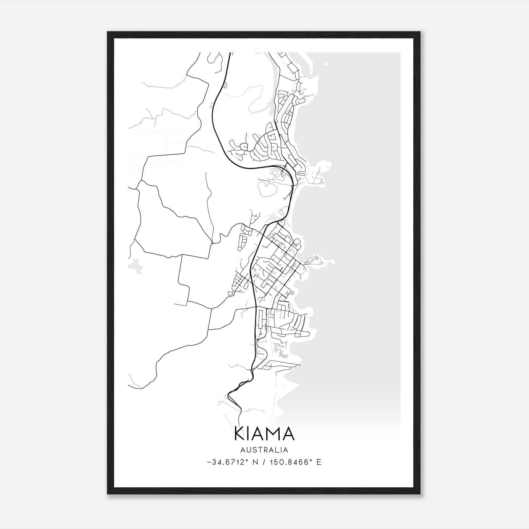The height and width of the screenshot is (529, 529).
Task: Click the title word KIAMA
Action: tap(264, 433)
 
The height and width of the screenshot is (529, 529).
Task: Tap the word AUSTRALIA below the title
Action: tap(264, 450)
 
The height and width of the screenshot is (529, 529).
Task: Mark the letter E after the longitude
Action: tap(319, 462)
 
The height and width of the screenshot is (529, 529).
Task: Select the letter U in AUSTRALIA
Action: tap(249, 450)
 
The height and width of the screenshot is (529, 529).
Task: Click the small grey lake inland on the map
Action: tap(136, 266)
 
